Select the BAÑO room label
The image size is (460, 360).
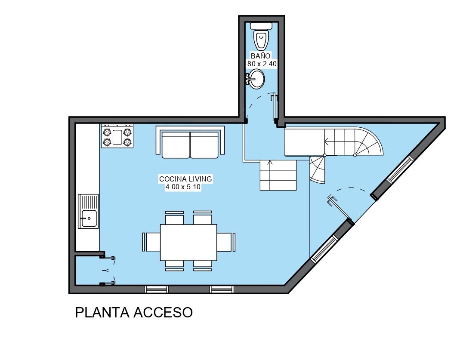(x=260, y=56)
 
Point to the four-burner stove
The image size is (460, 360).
(x=117, y=136)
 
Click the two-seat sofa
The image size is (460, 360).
(x=190, y=142)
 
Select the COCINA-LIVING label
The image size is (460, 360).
(x=185, y=179)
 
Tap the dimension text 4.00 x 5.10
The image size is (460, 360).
(x=183, y=187)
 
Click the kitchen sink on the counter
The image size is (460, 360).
(x=88, y=211)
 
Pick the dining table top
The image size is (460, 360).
(x=188, y=243)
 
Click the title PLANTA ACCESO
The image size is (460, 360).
(x=134, y=313)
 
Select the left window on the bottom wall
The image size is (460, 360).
(x=156, y=289)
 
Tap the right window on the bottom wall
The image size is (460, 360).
(x=222, y=289)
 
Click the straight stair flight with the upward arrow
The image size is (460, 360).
(x=278, y=175)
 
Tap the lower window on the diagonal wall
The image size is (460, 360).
(x=324, y=249)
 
